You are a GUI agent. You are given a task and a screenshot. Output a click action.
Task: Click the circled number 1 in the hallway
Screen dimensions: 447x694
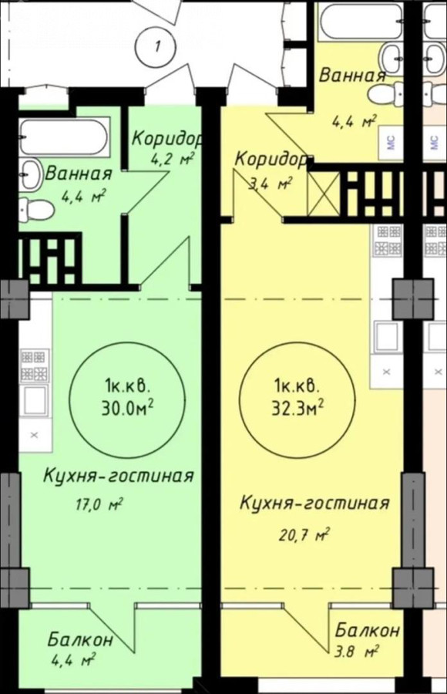[x=156, y=46]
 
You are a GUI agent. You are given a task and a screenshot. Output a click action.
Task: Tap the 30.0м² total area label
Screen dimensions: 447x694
[x=127, y=407]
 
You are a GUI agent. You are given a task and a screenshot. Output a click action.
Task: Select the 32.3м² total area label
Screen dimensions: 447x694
[x=297, y=407]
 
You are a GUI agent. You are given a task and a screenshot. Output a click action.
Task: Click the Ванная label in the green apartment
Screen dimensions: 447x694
[x=79, y=173]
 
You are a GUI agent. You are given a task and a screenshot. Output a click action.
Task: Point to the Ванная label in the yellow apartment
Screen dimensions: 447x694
[x=352, y=75]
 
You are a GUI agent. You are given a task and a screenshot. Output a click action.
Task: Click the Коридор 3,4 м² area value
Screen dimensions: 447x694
[x=271, y=183]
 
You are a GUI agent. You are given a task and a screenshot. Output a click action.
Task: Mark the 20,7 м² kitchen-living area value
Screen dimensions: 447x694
[x=304, y=535]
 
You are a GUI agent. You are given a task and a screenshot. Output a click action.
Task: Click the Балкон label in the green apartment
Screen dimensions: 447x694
[x=81, y=641]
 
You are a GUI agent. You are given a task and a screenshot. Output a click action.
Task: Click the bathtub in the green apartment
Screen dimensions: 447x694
[x=64, y=135]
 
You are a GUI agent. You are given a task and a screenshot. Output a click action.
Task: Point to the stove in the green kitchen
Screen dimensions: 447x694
[x=34, y=366]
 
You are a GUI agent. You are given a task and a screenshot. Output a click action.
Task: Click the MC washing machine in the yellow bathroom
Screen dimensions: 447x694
[x=390, y=142]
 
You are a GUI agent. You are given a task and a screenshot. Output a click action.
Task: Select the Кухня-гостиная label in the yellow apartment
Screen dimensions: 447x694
[x=314, y=504]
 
